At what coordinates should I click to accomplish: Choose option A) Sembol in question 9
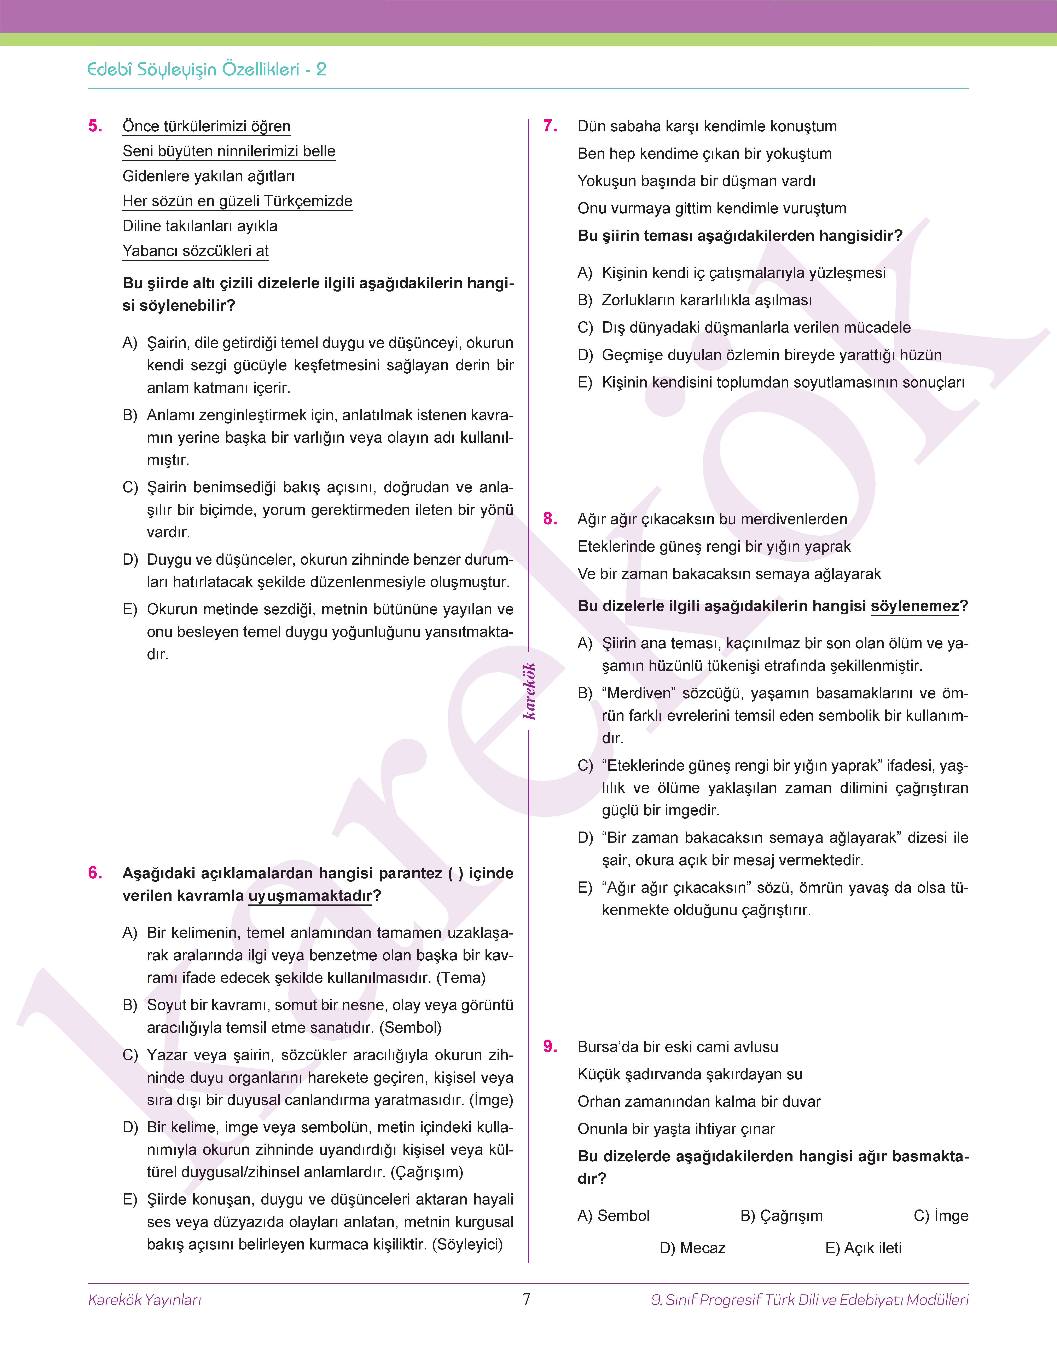click(613, 1215)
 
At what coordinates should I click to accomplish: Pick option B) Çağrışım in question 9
click(782, 1215)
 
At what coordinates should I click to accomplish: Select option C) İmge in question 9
click(941, 1215)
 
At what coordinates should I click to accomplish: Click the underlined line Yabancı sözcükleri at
click(196, 251)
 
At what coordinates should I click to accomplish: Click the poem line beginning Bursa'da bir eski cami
click(678, 1046)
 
